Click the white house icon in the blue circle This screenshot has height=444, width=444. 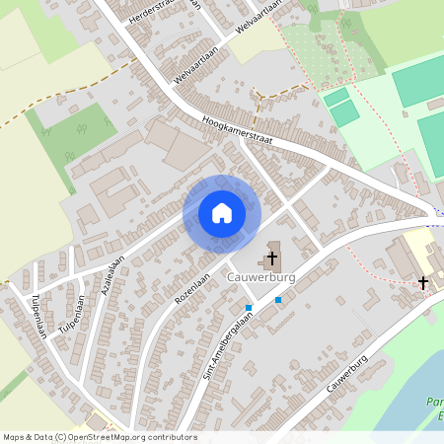point(221,212)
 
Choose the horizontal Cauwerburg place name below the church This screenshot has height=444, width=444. point(262,277)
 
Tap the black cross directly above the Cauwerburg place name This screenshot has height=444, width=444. point(271,259)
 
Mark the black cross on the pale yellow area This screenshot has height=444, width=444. point(423,283)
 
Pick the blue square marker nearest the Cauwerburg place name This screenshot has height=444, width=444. point(278,299)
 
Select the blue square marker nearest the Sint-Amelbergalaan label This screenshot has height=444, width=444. point(249,308)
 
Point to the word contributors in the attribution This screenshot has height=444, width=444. point(172,437)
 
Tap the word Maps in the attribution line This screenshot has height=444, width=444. point(15,437)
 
